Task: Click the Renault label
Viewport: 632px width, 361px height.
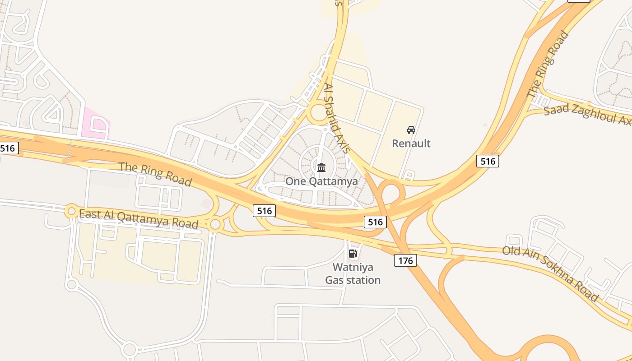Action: pos(411,143)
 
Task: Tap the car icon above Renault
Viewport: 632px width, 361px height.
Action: pos(411,130)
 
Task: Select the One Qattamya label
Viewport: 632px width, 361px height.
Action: pos(321,181)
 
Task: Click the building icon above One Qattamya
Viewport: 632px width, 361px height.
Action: pos(321,168)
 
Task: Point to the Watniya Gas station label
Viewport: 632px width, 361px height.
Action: pos(353,273)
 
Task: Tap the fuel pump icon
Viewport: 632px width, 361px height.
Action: pos(353,254)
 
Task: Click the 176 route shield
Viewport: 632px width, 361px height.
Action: pos(405,260)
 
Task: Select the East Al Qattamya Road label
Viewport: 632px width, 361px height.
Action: pos(139,219)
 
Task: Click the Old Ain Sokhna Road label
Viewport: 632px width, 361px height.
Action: pos(550,273)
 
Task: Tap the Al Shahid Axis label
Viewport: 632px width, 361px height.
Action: pos(337,118)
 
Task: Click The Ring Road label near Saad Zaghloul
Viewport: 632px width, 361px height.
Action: pos(548,64)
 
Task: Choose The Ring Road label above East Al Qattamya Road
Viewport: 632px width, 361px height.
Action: pos(155,174)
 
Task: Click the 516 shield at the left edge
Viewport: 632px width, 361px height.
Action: pos(8,148)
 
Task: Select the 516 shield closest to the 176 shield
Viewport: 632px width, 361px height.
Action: pos(375,222)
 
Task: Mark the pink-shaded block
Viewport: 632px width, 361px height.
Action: pos(97,123)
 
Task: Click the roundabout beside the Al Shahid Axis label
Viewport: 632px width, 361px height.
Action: pos(319,112)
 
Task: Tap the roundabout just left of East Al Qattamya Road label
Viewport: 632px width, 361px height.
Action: pos(71,211)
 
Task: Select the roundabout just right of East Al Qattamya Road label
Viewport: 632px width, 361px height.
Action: pos(215,224)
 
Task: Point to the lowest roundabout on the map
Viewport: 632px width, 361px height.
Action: pos(129,349)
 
